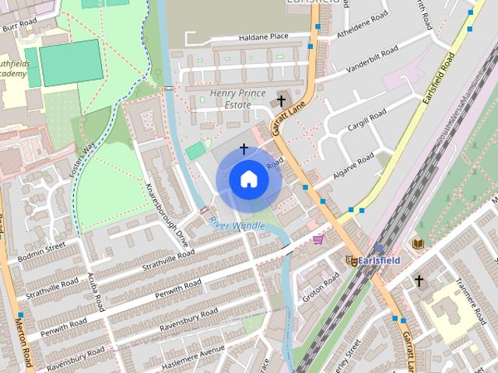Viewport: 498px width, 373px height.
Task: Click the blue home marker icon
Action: click(x=248, y=180)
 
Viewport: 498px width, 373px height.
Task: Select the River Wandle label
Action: click(x=237, y=225)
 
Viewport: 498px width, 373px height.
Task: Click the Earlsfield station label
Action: click(x=380, y=260)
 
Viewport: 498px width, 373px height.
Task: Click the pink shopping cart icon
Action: click(x=318, y=239)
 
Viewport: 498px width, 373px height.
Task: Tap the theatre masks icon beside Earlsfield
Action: click(x=352, y=261)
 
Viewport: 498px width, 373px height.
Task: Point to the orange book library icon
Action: click(x=418, y=244)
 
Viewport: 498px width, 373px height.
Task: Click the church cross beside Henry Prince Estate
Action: click(x=281, y=101)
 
